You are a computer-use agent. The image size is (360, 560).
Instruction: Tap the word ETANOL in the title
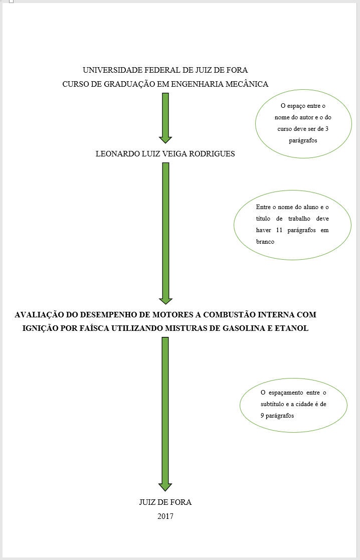point(292,328)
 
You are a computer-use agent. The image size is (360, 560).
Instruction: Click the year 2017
point(165,516)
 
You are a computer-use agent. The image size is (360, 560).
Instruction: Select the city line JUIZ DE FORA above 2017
point(165,502)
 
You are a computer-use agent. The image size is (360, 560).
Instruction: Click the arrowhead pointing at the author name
point(165,139)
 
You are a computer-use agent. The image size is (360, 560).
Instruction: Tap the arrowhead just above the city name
point(165,487)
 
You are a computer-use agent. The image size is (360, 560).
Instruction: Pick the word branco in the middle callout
point(265,241)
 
